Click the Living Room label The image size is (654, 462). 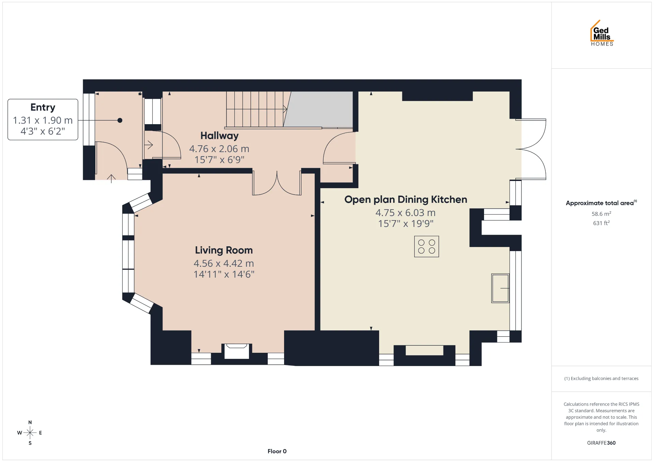coord(224,250)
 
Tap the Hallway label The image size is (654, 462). coord(219,136)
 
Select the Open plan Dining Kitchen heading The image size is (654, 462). coord(406,199)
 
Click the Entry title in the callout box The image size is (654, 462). coord(43,108)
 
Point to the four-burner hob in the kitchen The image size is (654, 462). coord(426,246)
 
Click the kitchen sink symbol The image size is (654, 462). coord(500,288)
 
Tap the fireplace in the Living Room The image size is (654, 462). coord(237,351)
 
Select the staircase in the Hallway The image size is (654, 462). coord(259,109)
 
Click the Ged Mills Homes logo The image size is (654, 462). coord(602,33)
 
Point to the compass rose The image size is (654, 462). coord(30,433)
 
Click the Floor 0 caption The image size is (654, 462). coord(277,451)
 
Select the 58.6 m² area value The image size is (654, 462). coord(601,214)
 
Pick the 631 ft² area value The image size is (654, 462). coord(601,223)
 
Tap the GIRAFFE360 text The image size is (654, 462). coord(601,443)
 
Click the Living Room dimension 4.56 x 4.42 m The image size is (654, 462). coord(224,263)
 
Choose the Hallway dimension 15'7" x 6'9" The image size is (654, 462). coord(219,160)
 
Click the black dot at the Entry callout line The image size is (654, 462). coord(120,120)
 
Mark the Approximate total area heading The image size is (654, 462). coord(601,203)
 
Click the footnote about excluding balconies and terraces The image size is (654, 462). coord(601,378)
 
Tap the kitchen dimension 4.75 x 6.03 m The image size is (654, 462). coord(406,213)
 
